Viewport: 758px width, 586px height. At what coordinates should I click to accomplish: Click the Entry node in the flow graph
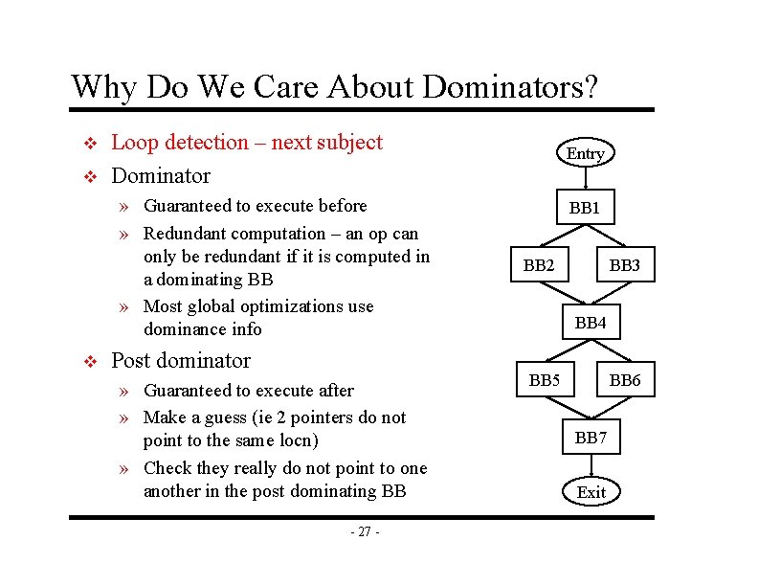[585, 153]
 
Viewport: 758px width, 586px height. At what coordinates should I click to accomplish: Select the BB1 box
[584, 207]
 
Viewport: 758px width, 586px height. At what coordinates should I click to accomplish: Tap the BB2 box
[539, 265]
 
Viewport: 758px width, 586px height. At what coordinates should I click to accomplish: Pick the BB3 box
[624, 265]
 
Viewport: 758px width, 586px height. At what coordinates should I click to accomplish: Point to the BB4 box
[591, 323]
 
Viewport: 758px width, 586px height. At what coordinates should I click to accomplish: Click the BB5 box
[544, 380]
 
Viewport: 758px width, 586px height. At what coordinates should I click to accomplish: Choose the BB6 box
[624, 380]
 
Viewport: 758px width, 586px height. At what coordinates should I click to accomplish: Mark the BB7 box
[591, 438]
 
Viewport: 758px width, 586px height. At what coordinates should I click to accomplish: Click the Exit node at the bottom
[591, 492]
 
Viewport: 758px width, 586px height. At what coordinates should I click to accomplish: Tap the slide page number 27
[365, 532]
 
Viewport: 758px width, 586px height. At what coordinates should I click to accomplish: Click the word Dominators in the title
[510, 87]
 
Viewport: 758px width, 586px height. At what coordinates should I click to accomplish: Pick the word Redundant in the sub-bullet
[187, 234]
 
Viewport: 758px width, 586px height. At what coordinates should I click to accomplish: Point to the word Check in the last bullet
[166, 468]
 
